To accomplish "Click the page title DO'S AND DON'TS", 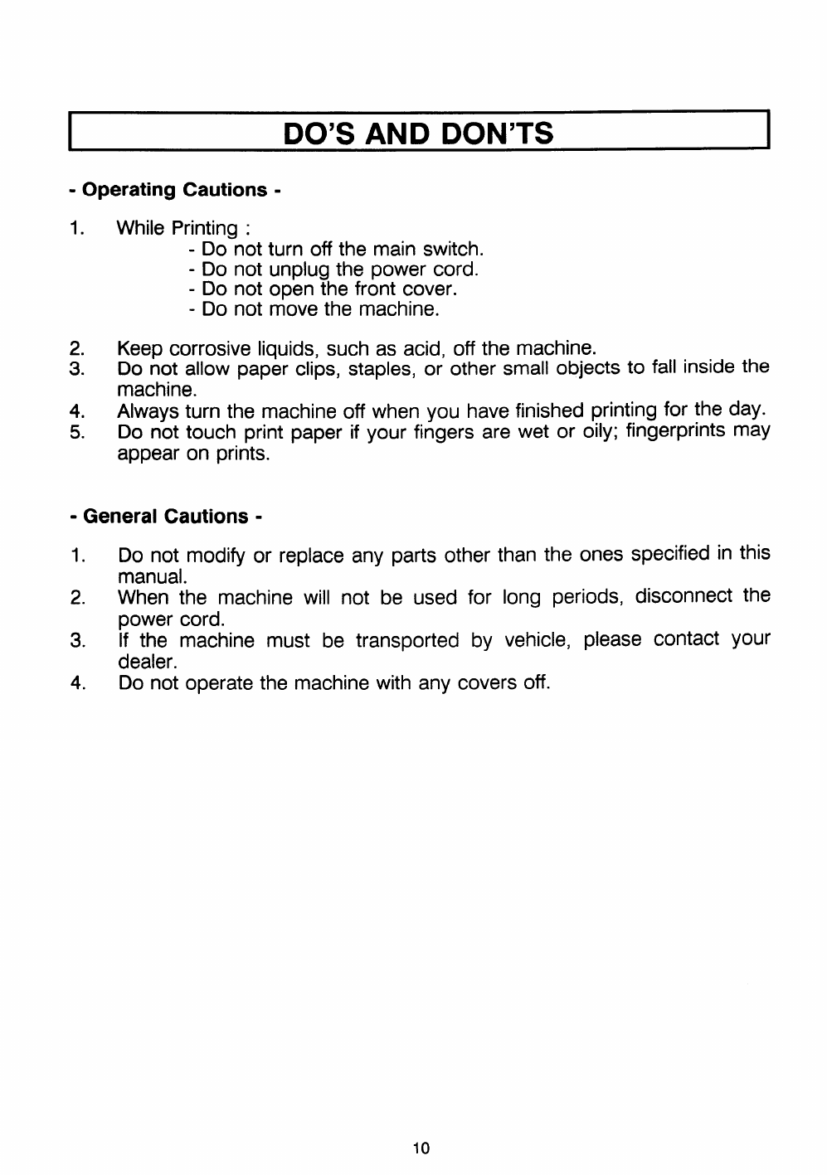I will click(x=418, y=133).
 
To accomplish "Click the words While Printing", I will click(x=178, y=228).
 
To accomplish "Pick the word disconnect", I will click(x=683, y=596).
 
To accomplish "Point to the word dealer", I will click(x=145, y=662).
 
